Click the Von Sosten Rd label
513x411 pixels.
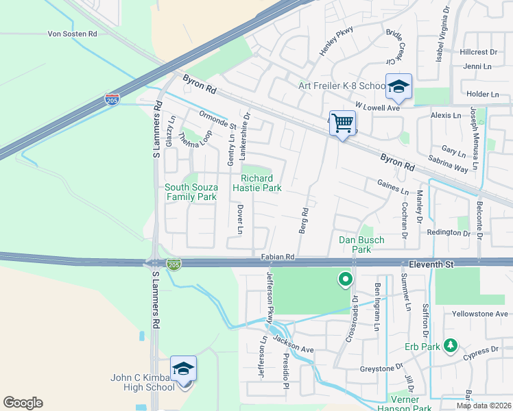coord(73,34)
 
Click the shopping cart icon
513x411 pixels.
coord(342,124)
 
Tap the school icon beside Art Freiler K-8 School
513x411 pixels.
coord(398,87)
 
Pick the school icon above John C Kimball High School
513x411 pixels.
coord(183,370)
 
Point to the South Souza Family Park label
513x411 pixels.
coord(191,192)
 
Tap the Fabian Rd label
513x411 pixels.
coord(278,257)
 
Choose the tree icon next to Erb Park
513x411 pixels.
coord(450,345)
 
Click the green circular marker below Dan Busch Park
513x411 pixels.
coord(345,279)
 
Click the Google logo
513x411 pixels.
coord(23,403)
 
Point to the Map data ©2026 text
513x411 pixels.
coord(484,406)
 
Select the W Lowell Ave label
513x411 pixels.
coord(376,108)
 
